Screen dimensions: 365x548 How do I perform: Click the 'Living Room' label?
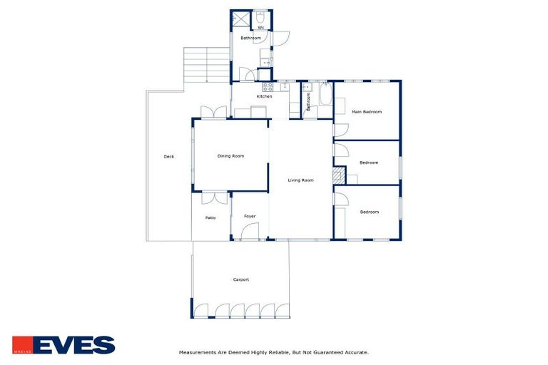(x=300, y=180)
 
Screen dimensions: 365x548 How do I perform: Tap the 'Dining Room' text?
(x=230, y=155)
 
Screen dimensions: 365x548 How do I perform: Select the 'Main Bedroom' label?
(x=367, y=112)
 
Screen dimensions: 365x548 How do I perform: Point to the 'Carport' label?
(x=241, y=279)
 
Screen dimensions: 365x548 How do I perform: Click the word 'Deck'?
(x=168, y=157)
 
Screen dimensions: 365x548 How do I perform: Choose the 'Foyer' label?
(x=250, y=216)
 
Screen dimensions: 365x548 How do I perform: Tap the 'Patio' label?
(x=210, y=217)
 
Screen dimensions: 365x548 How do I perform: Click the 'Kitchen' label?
(x=264, y=96)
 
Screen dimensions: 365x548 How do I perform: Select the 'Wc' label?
(x=261, y=28)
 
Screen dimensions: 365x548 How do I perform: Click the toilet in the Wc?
(x=261, y=17)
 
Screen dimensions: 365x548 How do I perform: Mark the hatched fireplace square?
(x=338, y=175)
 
